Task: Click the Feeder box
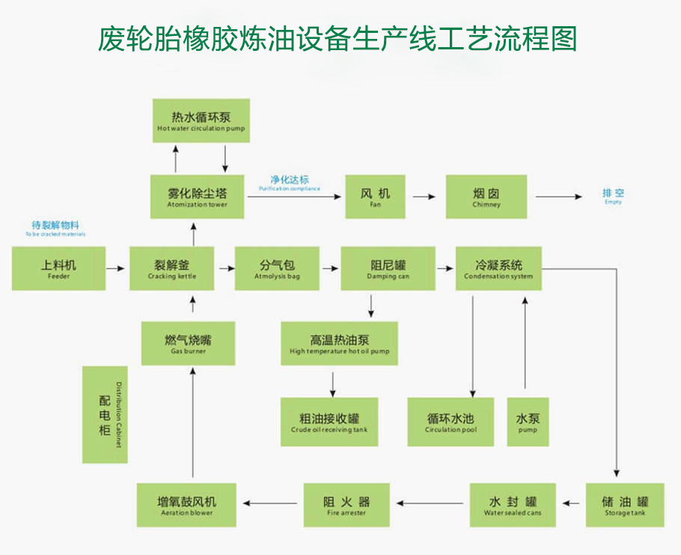pos(58,269)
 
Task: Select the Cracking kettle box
pos(172,269)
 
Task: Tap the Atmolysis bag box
pos(277,269)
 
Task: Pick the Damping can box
pos(388,269)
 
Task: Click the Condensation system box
pos(498,269)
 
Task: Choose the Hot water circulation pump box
pos(201,121)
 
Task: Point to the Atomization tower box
pos(197,197)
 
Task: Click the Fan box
pos(375,197)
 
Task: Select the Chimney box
pos(486,197)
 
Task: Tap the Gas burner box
pos(188,343)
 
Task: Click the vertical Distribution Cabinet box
pos(105,414)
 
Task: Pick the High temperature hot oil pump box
pos(339,343)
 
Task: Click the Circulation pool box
pos(451,422)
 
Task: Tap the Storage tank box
pos(625,505)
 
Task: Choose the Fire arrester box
pos(346,505)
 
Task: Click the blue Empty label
pos(613,197)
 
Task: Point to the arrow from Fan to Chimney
pos(424,197)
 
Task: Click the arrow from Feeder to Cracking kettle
pos(115,267)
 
